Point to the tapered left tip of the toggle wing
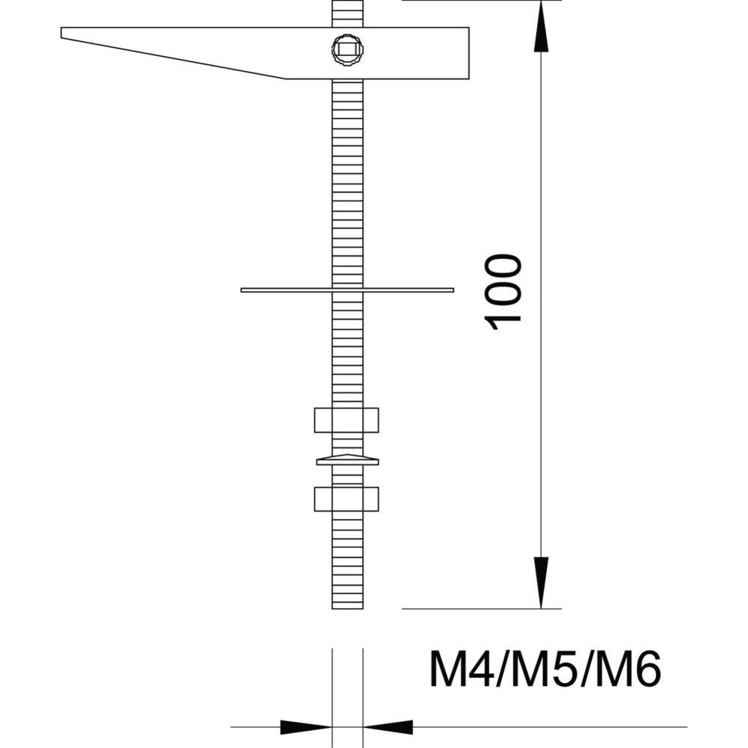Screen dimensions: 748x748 pos(66,34)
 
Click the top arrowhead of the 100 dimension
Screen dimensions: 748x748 pos(542,30)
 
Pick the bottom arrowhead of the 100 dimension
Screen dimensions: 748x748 pos(542,582)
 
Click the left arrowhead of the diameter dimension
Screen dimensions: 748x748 pos(307,726)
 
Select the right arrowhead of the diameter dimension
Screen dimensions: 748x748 pos(387,726)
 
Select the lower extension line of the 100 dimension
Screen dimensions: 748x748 pos(479,609)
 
